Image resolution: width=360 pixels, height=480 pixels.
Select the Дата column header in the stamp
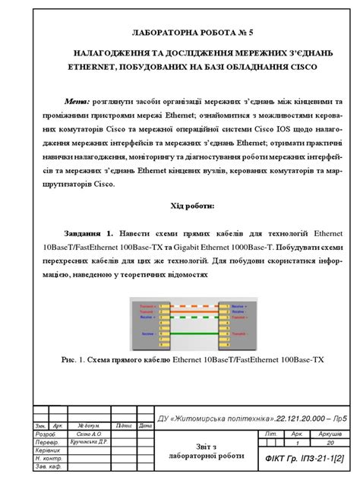[144, 426]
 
